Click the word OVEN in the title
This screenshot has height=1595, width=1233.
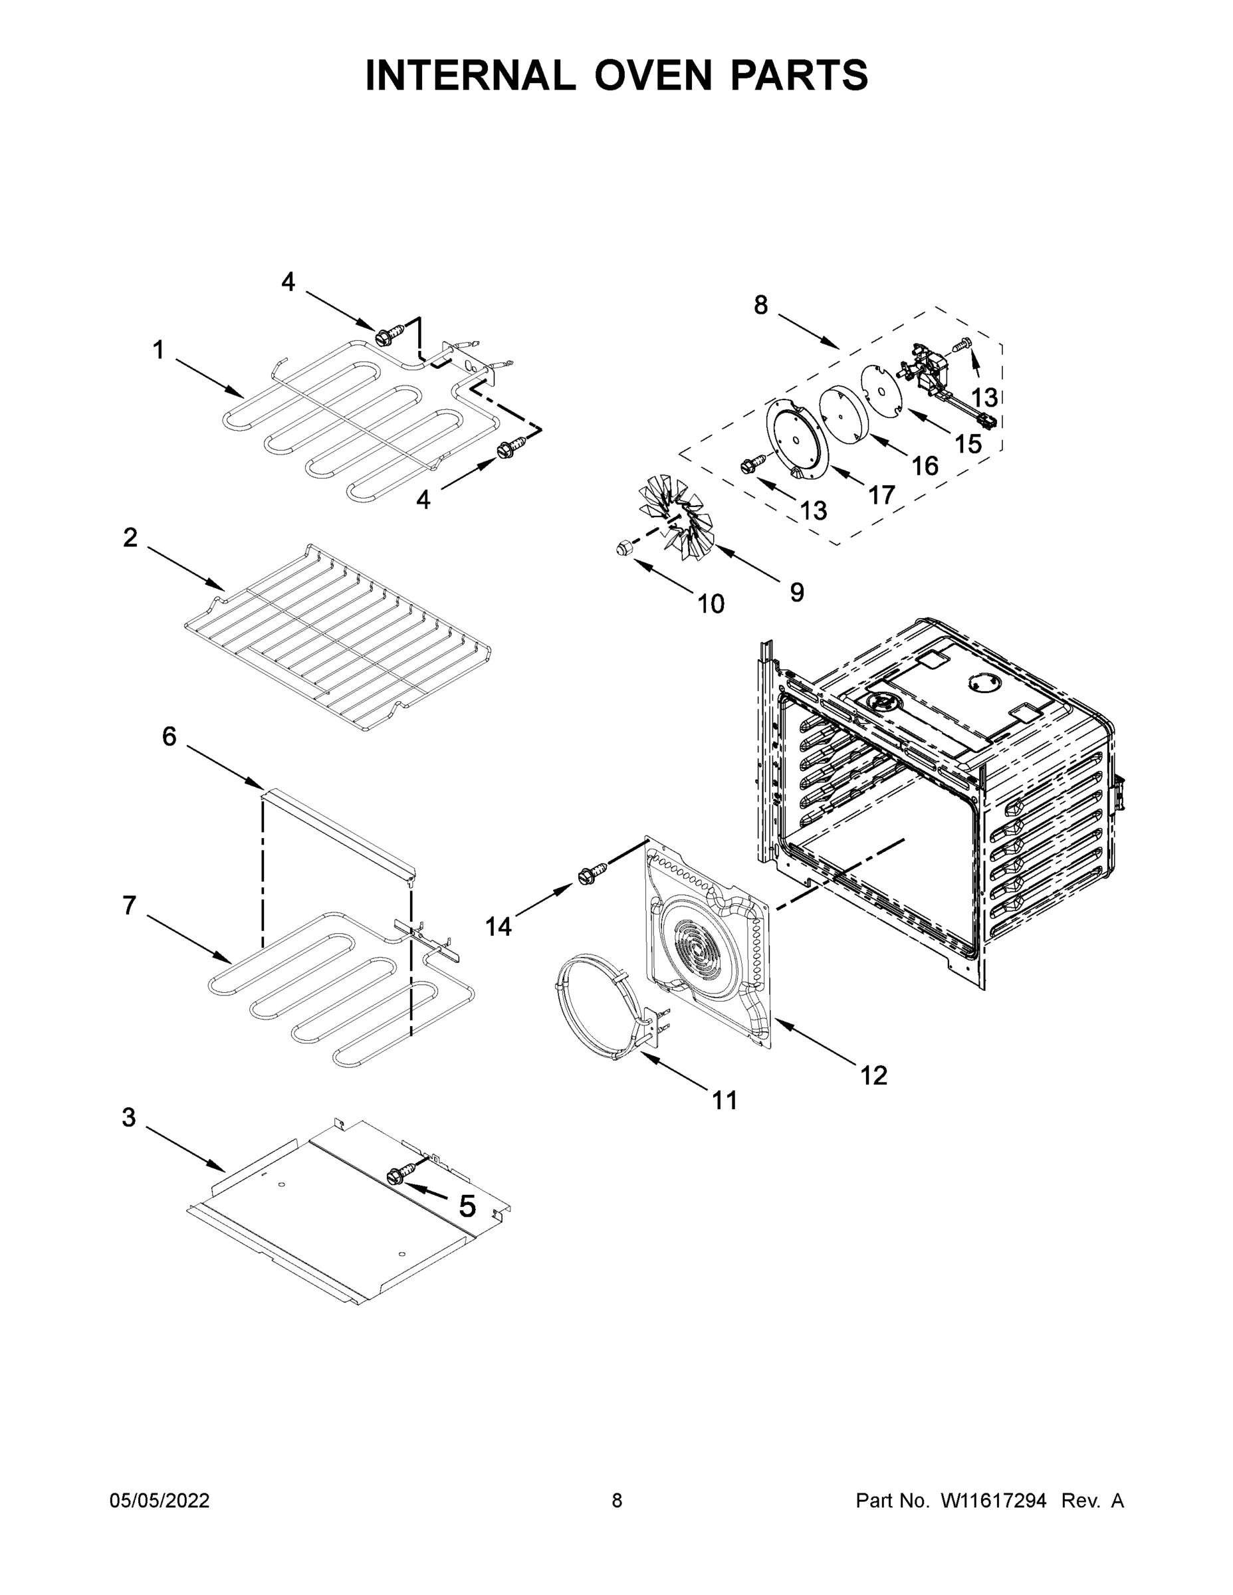point(652,75)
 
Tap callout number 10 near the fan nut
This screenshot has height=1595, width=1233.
point(710,604)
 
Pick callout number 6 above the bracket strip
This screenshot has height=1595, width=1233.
point(169,736)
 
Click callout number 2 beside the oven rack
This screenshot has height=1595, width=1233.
point(130,538)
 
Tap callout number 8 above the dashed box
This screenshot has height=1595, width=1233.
point(761,305)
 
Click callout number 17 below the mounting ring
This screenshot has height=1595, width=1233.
point(881,495)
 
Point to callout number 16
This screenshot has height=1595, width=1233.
point(925,465)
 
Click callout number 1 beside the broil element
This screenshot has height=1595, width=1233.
point(158,350)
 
